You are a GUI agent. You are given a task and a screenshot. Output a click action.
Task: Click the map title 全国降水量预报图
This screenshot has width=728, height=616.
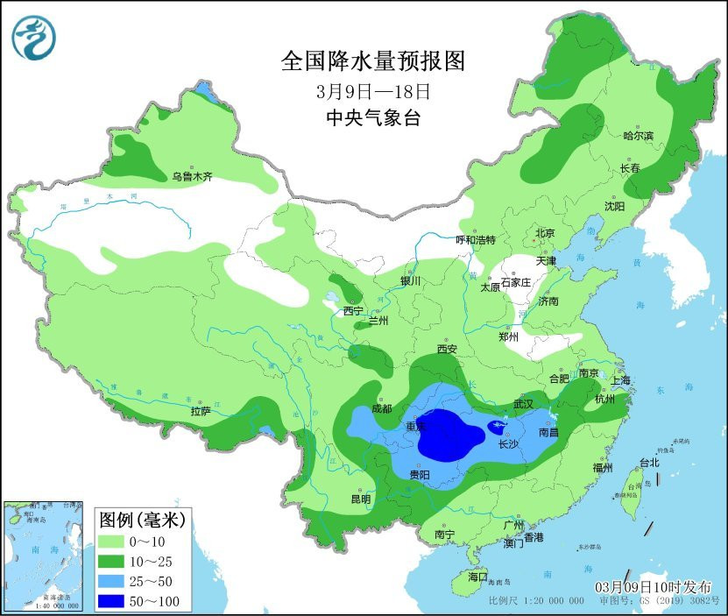coord(371,60)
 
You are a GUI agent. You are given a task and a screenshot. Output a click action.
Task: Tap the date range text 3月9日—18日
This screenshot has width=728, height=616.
coord(371,90)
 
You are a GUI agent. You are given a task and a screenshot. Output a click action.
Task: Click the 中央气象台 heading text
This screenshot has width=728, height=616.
coord(371,118)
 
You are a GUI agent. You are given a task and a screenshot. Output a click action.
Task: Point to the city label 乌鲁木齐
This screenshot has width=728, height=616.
coord(192,177)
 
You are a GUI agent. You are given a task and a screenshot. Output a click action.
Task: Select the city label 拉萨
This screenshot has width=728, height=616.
coord(200,410)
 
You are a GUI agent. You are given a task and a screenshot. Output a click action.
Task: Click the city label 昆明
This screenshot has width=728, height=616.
coord(361,499)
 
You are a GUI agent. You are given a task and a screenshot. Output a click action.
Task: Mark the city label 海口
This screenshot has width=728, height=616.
coord(477,577)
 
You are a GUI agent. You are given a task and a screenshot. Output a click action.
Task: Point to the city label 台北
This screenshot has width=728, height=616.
coord(648,462)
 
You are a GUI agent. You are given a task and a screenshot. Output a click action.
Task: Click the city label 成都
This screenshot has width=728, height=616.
coord(381,407)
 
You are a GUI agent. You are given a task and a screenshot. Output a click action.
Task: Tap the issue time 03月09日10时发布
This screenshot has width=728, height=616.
coord(654,586)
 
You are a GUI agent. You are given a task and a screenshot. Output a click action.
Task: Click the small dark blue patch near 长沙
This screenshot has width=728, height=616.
coord(497,428)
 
